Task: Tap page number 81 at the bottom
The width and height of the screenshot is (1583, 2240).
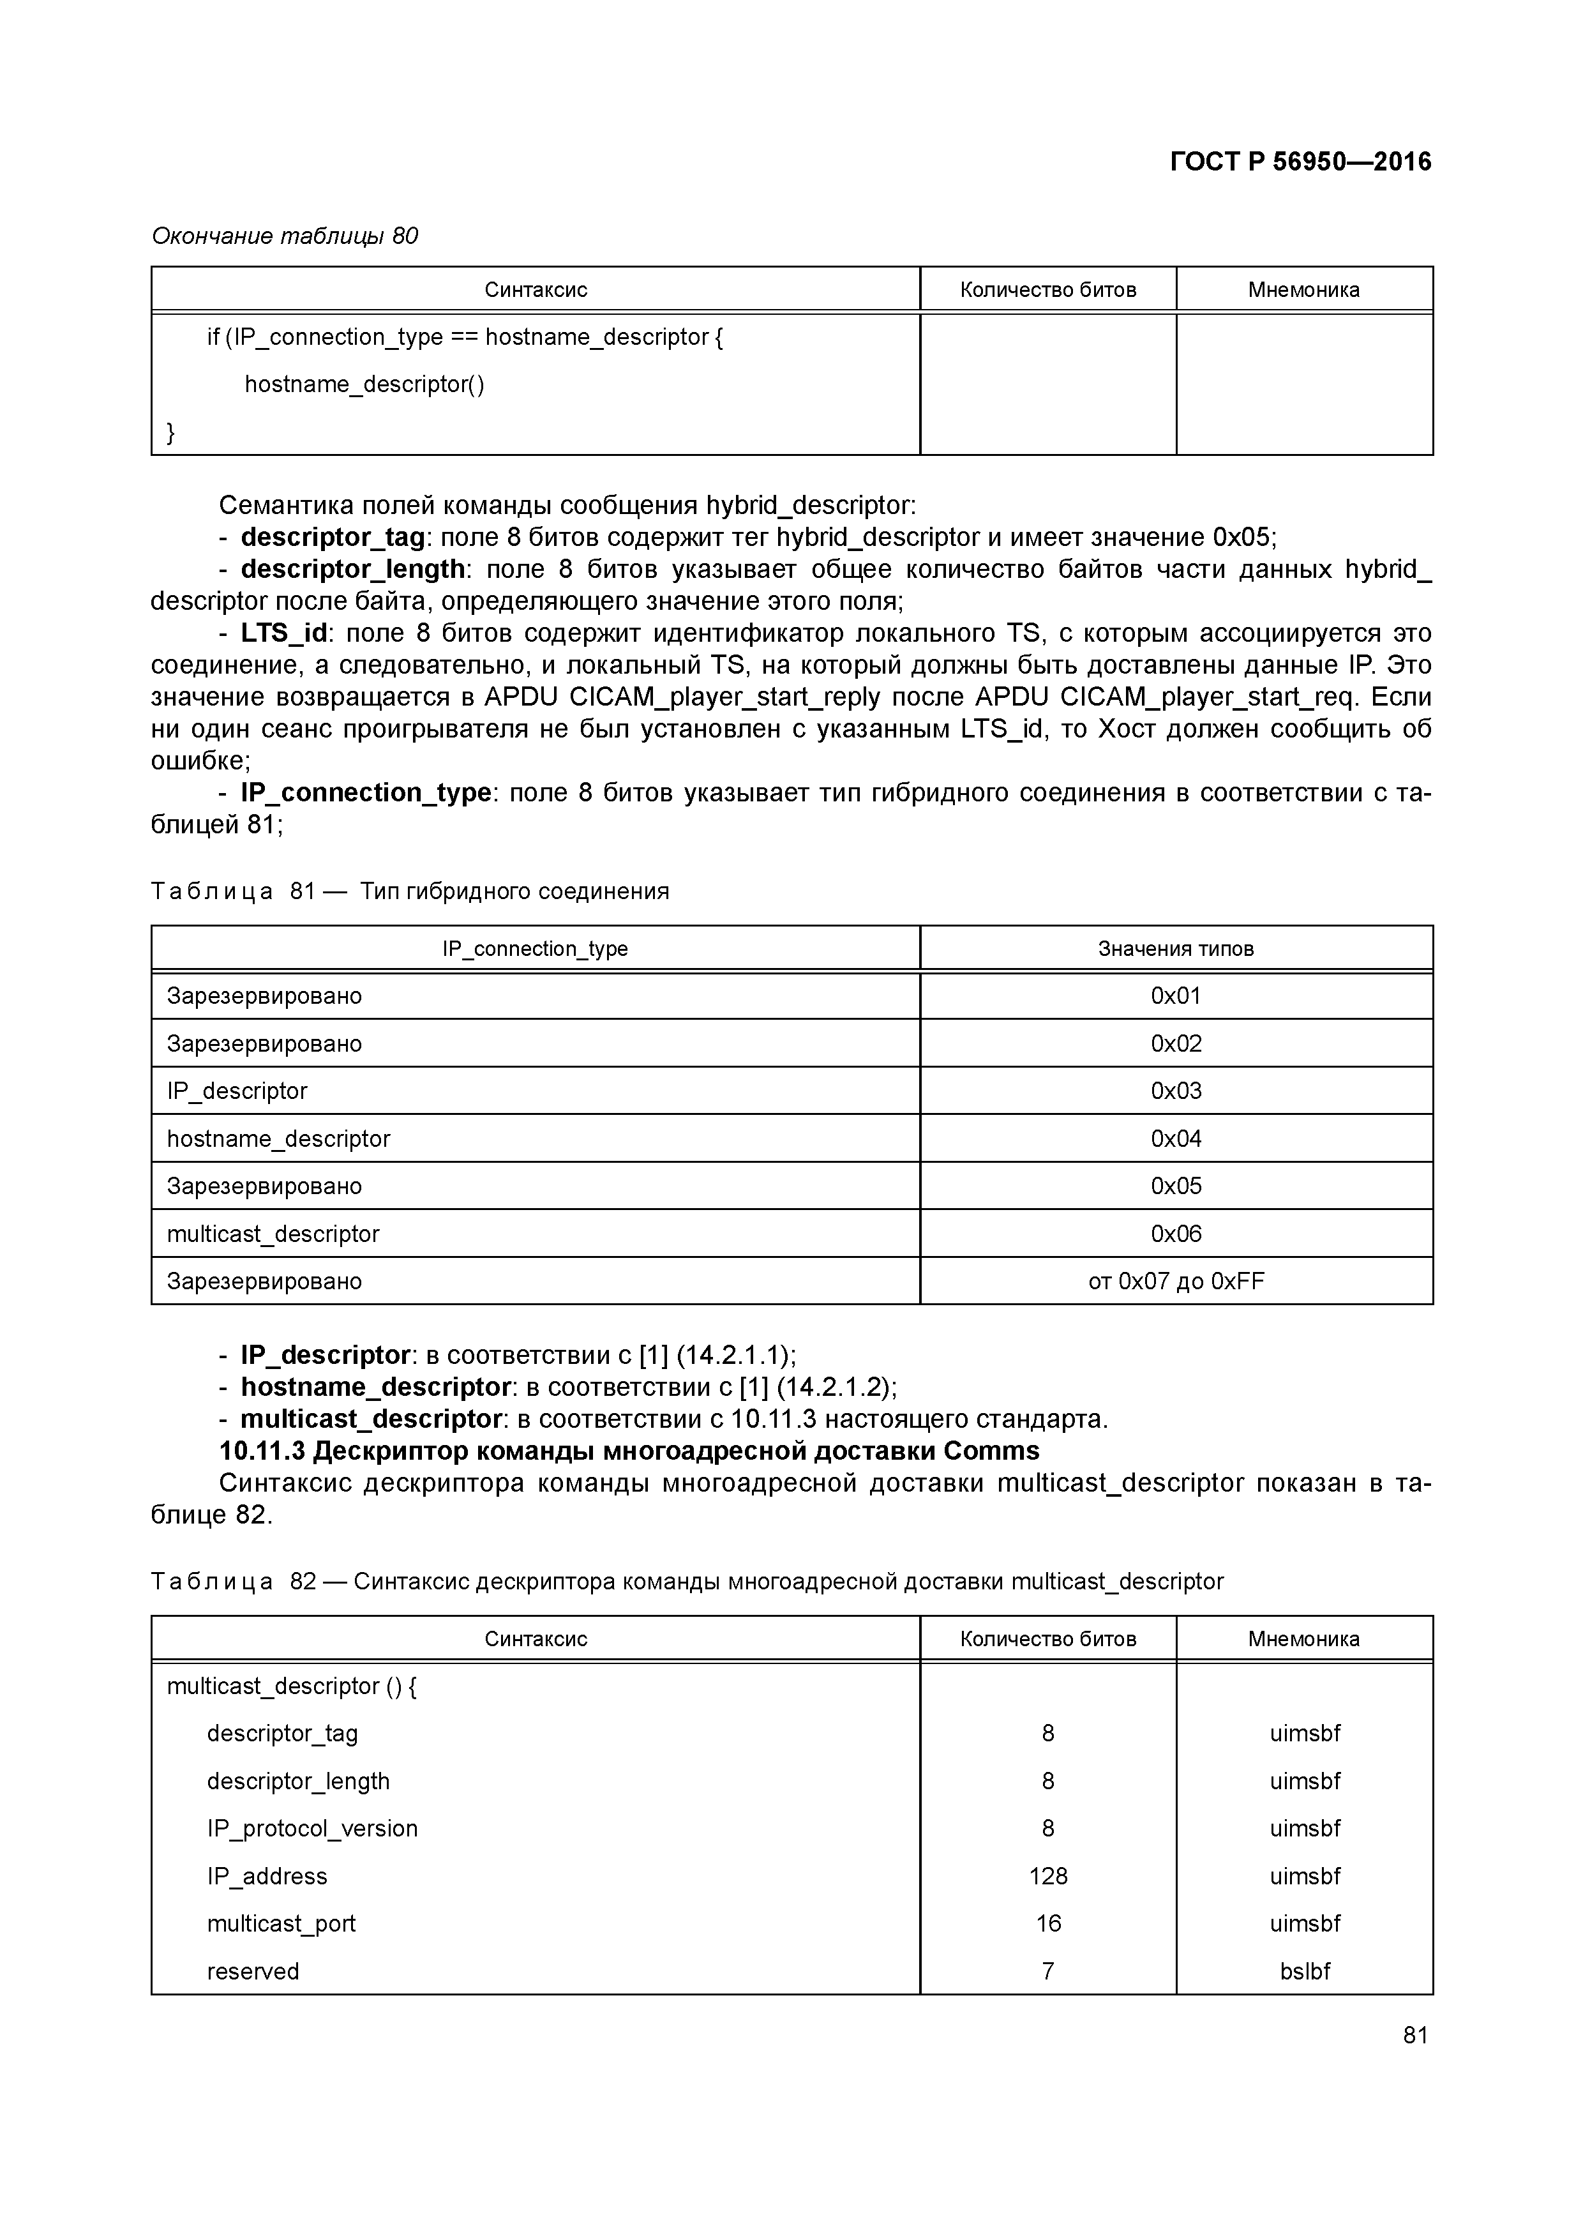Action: (1415, 2034)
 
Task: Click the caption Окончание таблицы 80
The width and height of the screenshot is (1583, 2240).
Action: (285, 236)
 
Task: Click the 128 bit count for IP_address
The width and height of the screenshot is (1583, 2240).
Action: (1047, 1875)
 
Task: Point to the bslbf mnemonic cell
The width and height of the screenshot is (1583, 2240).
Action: (1304, 1970)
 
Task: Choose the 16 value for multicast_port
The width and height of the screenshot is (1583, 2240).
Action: (1047, 1923)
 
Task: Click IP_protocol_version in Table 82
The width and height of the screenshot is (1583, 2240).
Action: (312, 1828)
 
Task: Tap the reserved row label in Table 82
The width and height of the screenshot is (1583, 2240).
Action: (253, 1971)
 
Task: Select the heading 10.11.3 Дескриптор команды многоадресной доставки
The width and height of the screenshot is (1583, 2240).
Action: (629, 1451)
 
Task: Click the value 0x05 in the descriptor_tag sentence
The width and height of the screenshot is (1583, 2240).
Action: (1241, 538)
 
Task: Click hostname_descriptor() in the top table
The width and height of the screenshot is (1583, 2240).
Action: (364, 384)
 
